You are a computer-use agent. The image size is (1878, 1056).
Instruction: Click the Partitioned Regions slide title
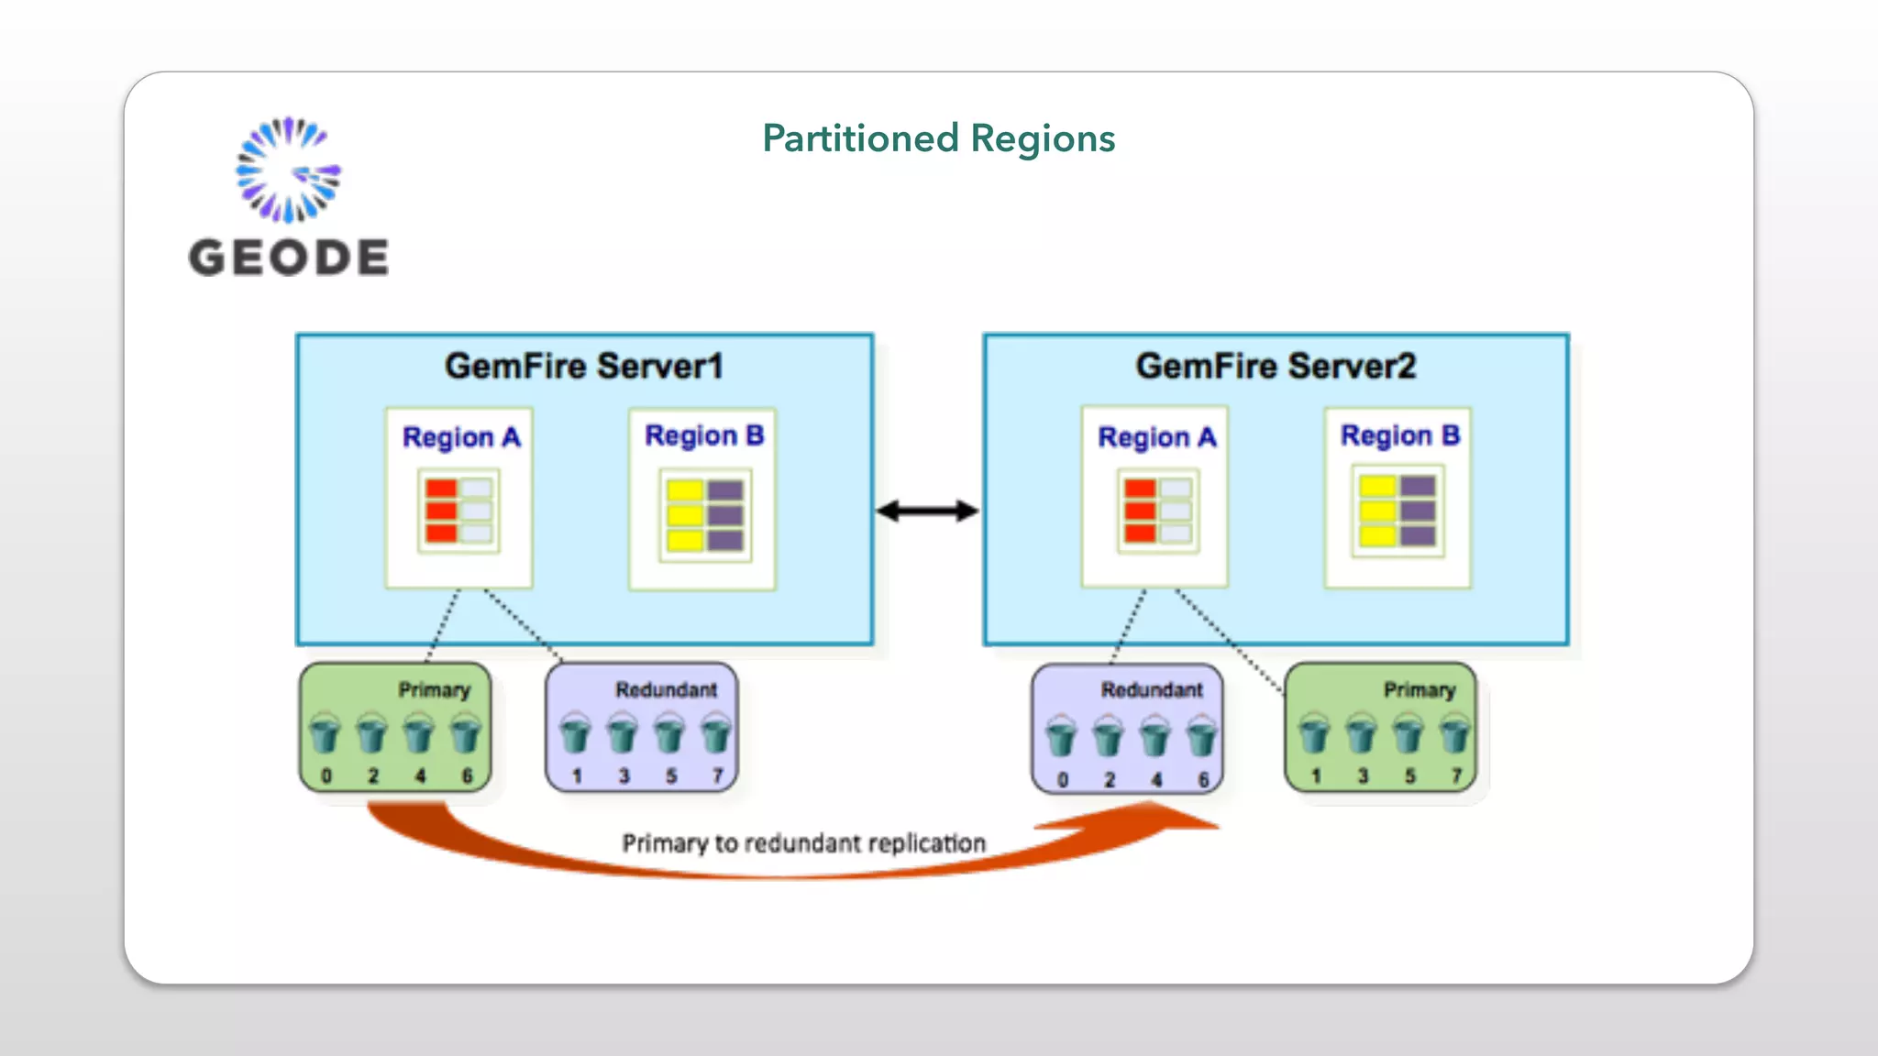pyautogui.click(x=938, y=138)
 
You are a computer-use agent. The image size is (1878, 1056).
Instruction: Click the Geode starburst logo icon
pyautogui.click(x=288, y=170)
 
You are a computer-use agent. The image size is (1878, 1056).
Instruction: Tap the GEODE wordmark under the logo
pyautogui.click(x=288, y=257)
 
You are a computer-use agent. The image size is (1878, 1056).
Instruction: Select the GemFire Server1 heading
pyautogui.click(x=584, y=366)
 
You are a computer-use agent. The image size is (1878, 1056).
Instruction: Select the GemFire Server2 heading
pyautogui.click(x=1276, y=366)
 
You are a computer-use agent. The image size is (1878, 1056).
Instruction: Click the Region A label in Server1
pyautogui.click(x=461, y=437)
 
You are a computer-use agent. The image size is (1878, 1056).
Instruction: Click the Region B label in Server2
pyautogui.click(x=1399, y=435)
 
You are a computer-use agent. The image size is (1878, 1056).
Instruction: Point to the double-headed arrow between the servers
pyautogui.click(x=927, y=511)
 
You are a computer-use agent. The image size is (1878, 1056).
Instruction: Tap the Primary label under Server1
pyautogui.click(x=434, y=689)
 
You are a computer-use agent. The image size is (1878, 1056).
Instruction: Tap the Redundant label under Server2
pyautogui.click(x=1152, y=689)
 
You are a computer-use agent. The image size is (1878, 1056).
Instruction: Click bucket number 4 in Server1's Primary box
pyautogui.click(x=419, y=734)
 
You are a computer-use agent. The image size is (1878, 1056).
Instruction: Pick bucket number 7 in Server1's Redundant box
pyautogui.click(x=716, y=734)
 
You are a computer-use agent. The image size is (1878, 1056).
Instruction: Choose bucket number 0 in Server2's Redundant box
pyautogui.click(x=1062, y=737)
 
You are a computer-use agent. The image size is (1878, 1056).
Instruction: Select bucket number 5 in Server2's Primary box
pyautogui.click(x=1408, y=734)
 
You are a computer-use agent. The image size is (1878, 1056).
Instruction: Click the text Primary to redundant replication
pyautogui.click(x=803, y=842)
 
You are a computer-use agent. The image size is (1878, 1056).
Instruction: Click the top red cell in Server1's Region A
pyautogui.click(x=441, y=489)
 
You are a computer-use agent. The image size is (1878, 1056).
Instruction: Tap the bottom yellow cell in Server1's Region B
pyautogui.click(x=685, y=539)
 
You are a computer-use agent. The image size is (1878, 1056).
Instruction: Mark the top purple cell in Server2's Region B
pyautogui.click(x=1418, y=486)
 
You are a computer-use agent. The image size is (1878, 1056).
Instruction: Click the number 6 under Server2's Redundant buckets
pyautogui.click(x=1203, y=780)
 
